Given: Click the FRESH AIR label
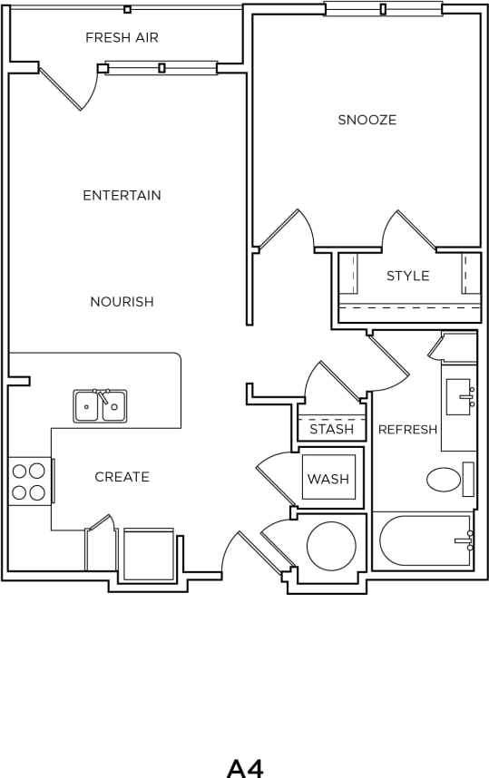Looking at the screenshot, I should pos(122,38).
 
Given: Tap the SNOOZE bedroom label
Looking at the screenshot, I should pos(367,120).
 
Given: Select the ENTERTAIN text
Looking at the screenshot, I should pos(122,195).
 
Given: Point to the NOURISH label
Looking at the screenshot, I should pos(122,302).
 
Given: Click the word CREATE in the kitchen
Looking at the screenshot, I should pos(122,477).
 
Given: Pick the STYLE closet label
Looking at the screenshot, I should pos(408,276).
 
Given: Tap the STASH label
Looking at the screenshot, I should pos(331,429).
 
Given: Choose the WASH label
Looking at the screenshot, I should pos(328,479).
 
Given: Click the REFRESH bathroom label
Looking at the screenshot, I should pos(407,430).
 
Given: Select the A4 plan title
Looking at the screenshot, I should pos(244,767).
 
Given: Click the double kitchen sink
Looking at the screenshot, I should pos(100,406).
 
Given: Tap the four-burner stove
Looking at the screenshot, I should pos(28,481).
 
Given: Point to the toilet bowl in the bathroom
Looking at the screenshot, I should pos(444,479).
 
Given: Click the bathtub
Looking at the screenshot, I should pos(425,540).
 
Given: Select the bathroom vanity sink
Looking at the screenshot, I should pos(458,396).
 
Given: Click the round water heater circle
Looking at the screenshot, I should pos(331,546).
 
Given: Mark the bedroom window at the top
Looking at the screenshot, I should pos(383,10).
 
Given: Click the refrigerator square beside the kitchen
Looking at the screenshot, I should pos(148,554).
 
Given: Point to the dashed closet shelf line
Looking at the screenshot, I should pos(408,308).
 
